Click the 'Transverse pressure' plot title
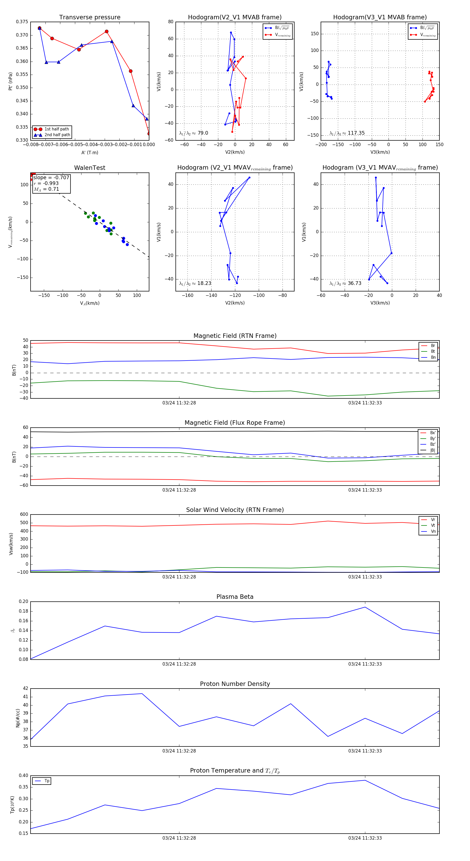[x=90, y=17]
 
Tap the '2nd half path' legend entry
[x=57, y=135]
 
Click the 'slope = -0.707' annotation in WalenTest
[x=51, y=177]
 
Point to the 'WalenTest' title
[x=90, y=168]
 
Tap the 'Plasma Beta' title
[x=235, y=597]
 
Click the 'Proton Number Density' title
[x=235, y=684]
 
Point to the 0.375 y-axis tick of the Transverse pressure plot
[x=22, y=22]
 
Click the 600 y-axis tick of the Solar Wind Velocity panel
[x=24, y=515]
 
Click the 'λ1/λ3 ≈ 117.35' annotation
[x=347, y=133]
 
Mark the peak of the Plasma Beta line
[x=365, y=607]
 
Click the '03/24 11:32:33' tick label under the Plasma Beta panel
[x=365, y=664]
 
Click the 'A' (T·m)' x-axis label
[x=90, y=153]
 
